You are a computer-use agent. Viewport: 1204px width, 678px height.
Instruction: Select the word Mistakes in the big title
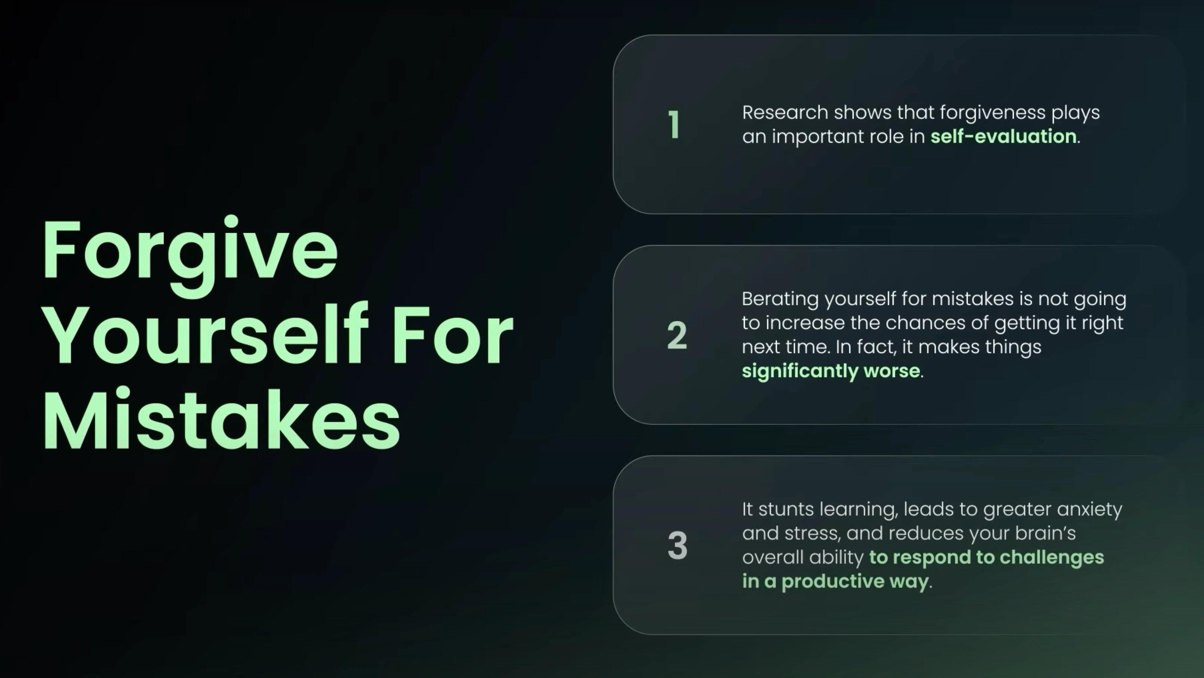[x=222, y=417]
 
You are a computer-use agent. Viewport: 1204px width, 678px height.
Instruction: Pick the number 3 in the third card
[x=677, y=545]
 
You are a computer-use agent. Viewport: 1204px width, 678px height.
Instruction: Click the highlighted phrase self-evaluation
[x=1003, y=136]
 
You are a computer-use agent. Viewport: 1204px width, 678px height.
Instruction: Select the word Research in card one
[x=785, y=112]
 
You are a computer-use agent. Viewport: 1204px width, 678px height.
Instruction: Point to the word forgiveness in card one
[x=993, y=113]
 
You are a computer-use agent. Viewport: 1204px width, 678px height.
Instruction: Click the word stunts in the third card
[x=786, y=509]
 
